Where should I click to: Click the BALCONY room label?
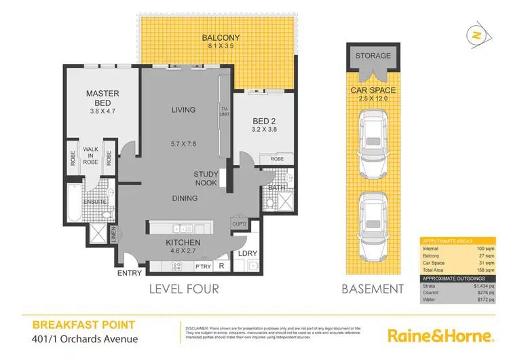[218, 37]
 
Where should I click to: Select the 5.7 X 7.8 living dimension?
[183, 144]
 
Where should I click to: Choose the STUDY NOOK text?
[206, 179]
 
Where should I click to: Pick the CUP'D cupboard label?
[239, 223]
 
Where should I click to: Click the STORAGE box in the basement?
[373, 56]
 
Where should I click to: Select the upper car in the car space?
[374, 139]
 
